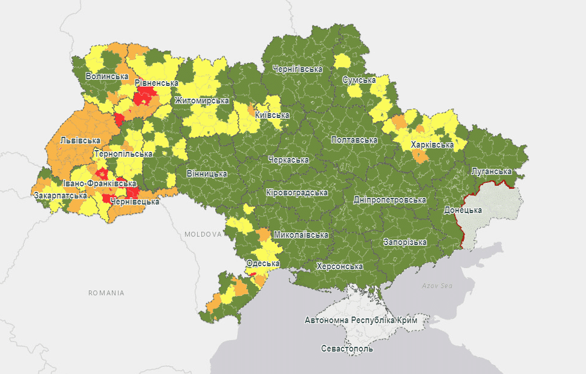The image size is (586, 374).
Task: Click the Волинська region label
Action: (107, 77)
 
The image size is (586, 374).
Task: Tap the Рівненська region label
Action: (157, 83)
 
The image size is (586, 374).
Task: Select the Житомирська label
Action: (201, 101)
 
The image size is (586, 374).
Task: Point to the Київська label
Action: (272, 115)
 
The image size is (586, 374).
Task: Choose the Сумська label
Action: (359, 80)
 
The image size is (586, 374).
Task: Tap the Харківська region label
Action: (432, 145)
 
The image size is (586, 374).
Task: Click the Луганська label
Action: (492, 172)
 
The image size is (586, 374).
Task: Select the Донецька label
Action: (463, 211)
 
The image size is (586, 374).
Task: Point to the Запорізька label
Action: (405, 242)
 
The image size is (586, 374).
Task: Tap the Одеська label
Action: (262, 264)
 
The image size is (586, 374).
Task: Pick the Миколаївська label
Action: (301, 235)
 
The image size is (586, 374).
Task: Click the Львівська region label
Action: (80, 140)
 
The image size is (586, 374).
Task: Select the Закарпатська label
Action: (60, 196)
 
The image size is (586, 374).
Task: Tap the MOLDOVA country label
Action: (203, 234)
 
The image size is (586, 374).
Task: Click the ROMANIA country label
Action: (106, 293)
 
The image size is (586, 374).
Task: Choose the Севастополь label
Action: (347, 349)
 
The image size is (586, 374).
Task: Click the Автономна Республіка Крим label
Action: (360, 320)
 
